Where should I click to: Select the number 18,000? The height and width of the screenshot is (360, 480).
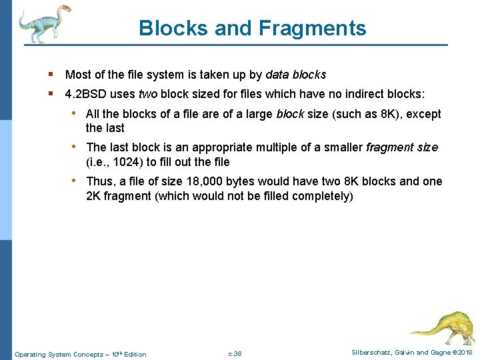(199, 181)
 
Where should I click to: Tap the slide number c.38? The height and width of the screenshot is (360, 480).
(235, 353)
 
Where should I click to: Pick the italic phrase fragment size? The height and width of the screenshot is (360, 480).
(402, 147)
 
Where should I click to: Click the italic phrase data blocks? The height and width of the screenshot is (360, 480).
(296, 75)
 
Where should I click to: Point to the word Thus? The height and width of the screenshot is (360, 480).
(100, 181)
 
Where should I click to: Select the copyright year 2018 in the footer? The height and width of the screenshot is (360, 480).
(465, 353)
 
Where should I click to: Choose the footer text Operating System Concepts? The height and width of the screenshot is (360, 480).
(59, 354)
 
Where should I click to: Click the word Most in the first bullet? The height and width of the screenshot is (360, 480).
(77, 75)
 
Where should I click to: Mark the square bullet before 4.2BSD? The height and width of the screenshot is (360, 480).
(51, 94)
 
